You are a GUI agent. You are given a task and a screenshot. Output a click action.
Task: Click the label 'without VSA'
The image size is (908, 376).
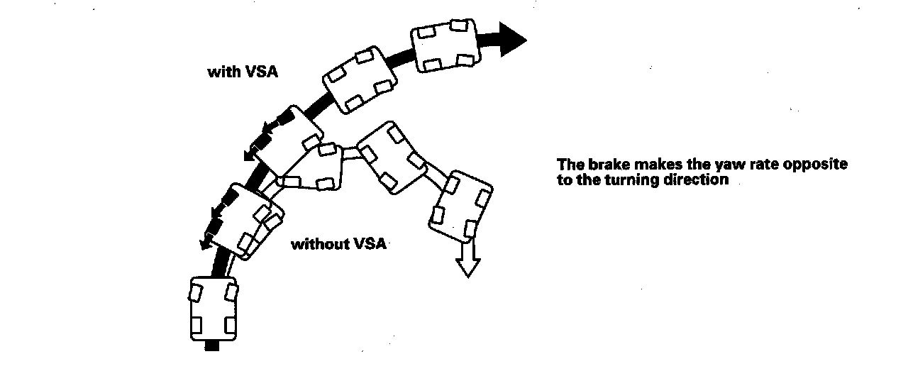tap(338, 244)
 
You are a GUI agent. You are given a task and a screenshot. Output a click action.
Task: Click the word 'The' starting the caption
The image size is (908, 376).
tap(569, 165)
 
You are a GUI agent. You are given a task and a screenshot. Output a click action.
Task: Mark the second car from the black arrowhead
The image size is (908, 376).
tap(360, 81)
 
